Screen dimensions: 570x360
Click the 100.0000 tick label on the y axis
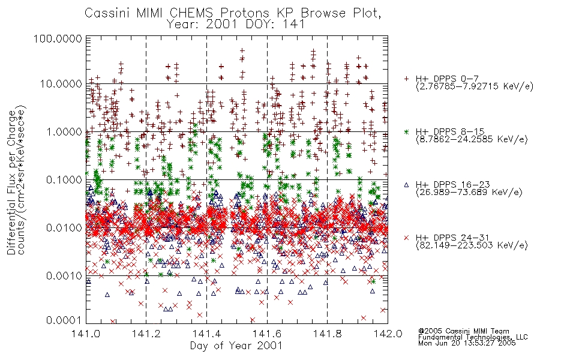pyautogui.click(x=58, y=38)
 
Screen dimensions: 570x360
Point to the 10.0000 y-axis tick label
pyautogui.click(x=61, y=84)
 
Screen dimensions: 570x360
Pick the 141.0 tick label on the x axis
pyautogui.click(x=86, y=334)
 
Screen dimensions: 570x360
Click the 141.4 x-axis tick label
pyautogui.click(x=206, y=334)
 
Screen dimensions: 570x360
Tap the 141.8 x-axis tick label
pyautogui.click(x=327, y=334)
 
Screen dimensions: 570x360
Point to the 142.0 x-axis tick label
pyautogui.click(x=388, y=334)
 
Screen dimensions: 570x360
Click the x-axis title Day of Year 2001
pyautogui.click(x=236, y=346)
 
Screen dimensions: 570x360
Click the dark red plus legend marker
pyautogui.click(x=406, y=79)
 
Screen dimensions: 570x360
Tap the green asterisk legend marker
pyautogui.click(x=406, y=131)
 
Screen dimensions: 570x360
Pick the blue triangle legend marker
pyautogui.click(x=406, y=185)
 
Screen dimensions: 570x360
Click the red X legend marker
pyautogui.click(x=406, y=238)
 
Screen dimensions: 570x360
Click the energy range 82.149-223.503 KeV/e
pyautogui.click(x=472, y=245)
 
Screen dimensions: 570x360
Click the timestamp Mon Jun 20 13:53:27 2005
pyautogui.click(x=467, y=343)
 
